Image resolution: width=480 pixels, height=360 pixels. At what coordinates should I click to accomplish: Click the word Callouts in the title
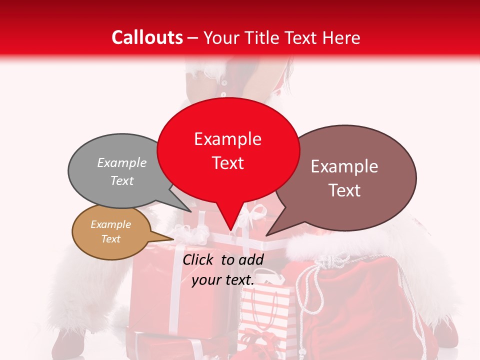[x=147, y=37]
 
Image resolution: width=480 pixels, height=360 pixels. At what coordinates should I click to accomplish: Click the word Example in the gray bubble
[x=122, y=163]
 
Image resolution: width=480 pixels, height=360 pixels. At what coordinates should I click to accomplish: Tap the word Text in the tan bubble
[x=111, y=239]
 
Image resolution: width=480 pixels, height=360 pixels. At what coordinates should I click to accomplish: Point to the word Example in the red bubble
[x=228, y=139]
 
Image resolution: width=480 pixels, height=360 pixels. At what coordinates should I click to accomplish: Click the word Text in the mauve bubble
[x=344, y=190]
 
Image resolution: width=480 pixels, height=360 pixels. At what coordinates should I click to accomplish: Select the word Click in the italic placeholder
[x=198, y=259]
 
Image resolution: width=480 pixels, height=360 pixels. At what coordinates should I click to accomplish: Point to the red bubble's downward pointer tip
[x=230, y=230]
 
